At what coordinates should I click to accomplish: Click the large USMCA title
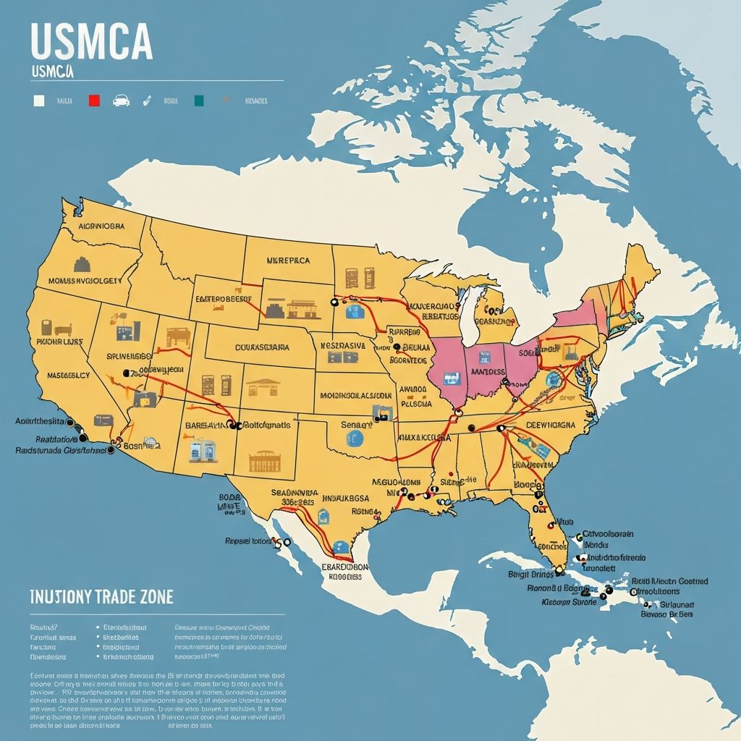tap(92, 44)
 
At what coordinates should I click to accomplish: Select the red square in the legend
tap(93, 101)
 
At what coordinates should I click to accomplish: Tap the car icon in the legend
tap(121, 101)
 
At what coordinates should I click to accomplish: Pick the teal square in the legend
tap(199, 101)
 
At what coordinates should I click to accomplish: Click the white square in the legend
tap(39, 101)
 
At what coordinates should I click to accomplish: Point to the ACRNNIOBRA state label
tap(101, 225)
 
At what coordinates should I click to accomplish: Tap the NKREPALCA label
tap(288, 259)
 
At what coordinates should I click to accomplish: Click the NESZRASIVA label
tap(343, 346)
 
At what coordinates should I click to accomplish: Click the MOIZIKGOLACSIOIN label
tap(355, 396)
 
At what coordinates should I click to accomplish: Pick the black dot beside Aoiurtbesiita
tap(70, 421)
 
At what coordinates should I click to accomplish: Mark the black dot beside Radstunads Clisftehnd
tap(110, 450)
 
